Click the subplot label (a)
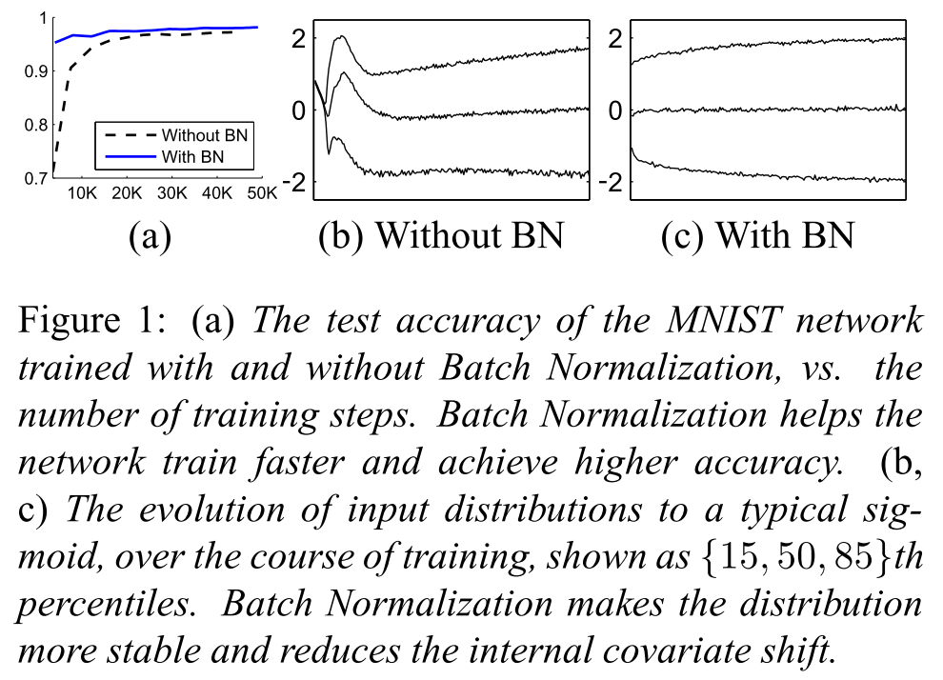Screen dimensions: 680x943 (x=150, y=235)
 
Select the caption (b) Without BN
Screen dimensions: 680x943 (x=441, y=235)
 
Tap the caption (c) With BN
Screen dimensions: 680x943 (x=757, y=235)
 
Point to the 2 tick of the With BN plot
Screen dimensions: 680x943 (x=615, y=39)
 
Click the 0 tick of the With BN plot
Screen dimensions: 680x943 (x=615, y=110)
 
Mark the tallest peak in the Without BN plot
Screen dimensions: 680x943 (x=339, y=36)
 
